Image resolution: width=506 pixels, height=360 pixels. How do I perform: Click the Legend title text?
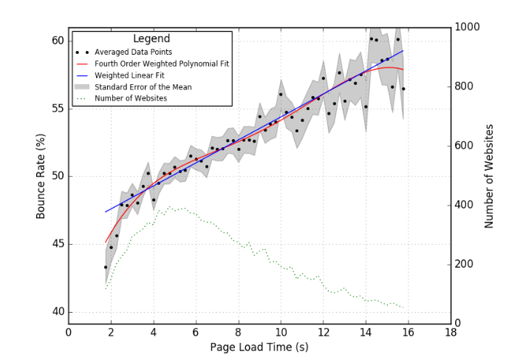point(151,38)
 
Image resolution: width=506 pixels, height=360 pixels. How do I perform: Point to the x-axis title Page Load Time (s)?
point(259,347)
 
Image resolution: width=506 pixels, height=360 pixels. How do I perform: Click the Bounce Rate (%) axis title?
point(41,176)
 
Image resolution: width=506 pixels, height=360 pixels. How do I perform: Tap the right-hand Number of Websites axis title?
point(489,175)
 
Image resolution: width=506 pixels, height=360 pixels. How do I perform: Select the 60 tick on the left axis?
point(58,41)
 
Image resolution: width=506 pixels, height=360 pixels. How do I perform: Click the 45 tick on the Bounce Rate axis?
point(58,244)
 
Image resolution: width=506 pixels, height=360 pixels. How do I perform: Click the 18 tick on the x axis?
point(451,332)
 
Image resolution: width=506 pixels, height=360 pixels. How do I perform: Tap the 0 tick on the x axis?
point(69,332)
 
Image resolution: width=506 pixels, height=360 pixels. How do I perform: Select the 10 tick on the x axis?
point(281,332)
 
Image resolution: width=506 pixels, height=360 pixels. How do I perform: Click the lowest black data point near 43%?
point(106,267)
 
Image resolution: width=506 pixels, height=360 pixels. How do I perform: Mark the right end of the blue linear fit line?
point(403,51)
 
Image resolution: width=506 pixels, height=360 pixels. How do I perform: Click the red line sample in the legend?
point(83,64)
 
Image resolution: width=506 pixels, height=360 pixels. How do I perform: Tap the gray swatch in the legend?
point(83,86)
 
